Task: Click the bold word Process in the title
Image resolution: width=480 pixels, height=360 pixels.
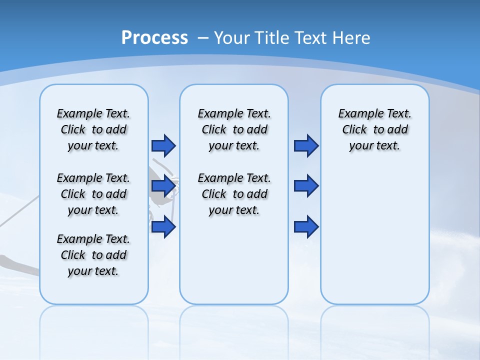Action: [154, 37]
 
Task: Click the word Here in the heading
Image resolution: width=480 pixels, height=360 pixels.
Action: [352, 37]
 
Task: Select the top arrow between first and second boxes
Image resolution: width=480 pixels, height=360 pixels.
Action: [163, 145]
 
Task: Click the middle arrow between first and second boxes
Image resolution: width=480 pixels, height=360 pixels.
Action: [163, 186]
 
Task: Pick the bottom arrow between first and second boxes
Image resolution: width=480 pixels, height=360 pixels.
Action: [163, 227]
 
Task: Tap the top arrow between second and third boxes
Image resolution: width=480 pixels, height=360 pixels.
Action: [306, 145]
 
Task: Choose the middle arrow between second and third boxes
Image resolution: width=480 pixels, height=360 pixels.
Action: [306, 186]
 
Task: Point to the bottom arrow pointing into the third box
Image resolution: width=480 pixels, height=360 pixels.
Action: [306, 227]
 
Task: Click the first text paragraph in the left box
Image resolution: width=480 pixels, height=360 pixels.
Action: [93, 129]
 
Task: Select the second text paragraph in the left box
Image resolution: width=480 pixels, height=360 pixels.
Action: [93, 194]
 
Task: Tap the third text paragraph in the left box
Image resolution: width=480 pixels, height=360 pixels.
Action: [93, 255]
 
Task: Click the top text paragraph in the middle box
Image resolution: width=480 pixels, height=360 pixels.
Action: [234, 129]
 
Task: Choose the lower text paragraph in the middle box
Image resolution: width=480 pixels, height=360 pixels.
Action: [234, 194]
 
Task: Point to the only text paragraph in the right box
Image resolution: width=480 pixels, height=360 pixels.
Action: [374, 129]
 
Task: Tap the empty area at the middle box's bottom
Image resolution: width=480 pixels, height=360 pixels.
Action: [234, 265]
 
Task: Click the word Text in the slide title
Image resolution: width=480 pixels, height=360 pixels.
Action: [311, 37]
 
